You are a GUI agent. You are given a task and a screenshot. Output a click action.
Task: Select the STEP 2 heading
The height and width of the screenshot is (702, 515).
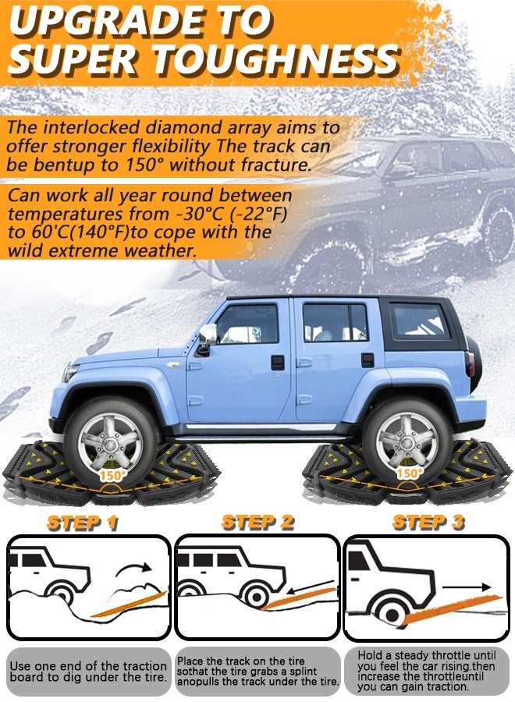tap(257, 522)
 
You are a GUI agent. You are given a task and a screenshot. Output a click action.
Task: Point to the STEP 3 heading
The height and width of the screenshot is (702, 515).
tap(428, 522)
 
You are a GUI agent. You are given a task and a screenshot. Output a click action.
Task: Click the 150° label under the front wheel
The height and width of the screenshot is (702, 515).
tap(112, 474)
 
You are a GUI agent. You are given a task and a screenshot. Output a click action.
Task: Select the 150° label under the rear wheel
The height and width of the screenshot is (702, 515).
tap(408, 473)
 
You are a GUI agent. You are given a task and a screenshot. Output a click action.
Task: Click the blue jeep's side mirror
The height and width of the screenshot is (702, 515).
tap(207, 336)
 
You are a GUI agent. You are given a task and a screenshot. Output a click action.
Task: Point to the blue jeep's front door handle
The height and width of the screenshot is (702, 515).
tap(277, 361)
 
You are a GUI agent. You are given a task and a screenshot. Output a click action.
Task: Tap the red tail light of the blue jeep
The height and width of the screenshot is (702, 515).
tap(470, 363)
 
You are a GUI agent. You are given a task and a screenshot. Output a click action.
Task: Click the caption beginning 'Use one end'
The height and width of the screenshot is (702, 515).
tap(87, 672)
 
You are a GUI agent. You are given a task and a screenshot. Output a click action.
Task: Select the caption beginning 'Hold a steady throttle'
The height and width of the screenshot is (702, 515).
tap(428, 671)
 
